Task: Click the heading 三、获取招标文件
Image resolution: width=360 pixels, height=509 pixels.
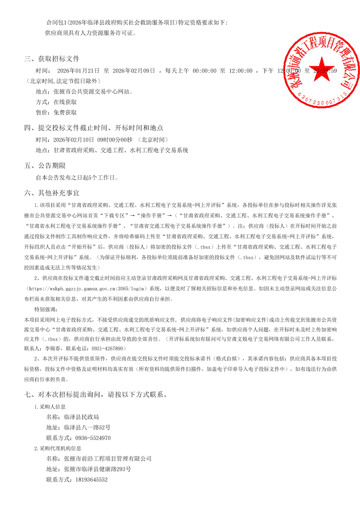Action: [x=52, y=59]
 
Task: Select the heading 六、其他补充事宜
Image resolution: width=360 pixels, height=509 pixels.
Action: [x=52, y=193]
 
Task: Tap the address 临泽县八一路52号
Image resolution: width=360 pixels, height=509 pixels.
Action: [x=87, y=427]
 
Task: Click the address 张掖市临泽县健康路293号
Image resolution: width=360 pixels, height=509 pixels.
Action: [x=98, y=469]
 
